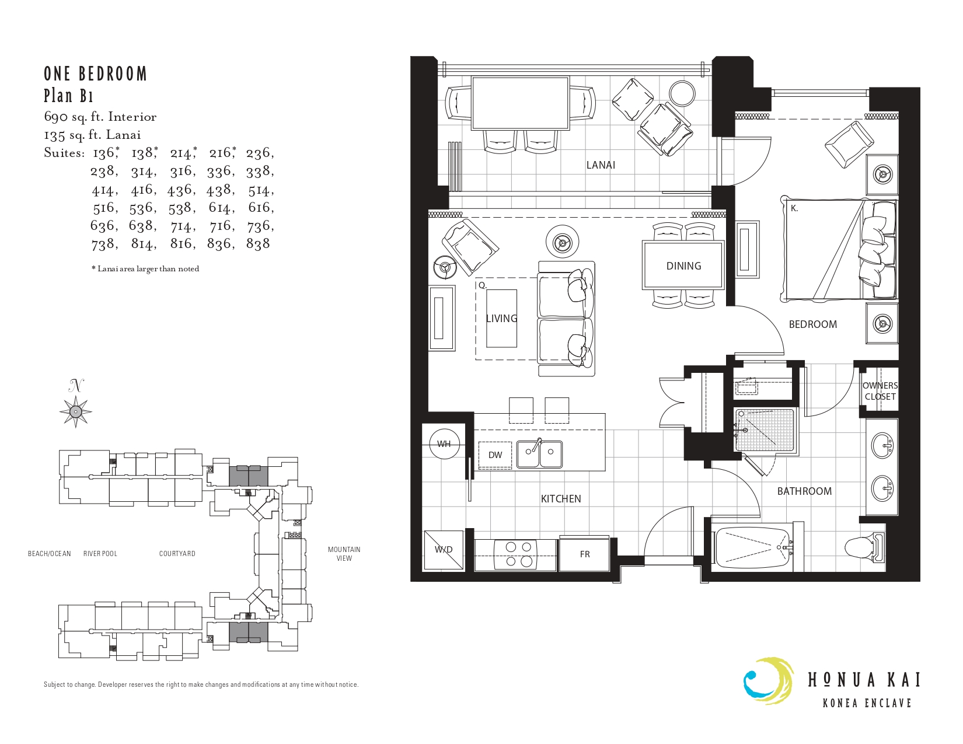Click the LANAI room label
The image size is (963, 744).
pyautogui.click(x=601, y=165)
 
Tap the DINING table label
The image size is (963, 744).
pyautogui.click(x=683, y=266)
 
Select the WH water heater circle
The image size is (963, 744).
pyautogui.click(x=444, y=443)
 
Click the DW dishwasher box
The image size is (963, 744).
pyautogui.click(x=495, y=455)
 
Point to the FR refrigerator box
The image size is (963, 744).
pyautogui.click(x=585, y=554)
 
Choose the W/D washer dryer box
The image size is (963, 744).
pyautogui.click(x=444, y=550)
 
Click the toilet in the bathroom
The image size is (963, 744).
pyautogui.click(x=864, y=548)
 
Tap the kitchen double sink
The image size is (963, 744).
pyautogui.click(x=539, y=454)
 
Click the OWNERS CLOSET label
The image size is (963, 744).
pyautogui.click(x=880, y=392)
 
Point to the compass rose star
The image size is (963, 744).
pyautogui.click(x=76, y=411)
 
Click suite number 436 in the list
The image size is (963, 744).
pyautogui.click(x=182, y=190)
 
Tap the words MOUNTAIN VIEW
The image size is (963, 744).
pyautogui.click(x=344, y=554)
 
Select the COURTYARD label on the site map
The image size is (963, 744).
pyautogui.click(x=177, y=553)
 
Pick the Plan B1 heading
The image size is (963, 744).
pyautogui.click(x=69, y=96)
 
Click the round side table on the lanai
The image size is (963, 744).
pyautogui.click(x=682, y=93)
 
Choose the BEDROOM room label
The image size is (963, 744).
pyautogui.click(x=813, y=324)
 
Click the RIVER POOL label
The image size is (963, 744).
pyautogui.click(x=100, y=553)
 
